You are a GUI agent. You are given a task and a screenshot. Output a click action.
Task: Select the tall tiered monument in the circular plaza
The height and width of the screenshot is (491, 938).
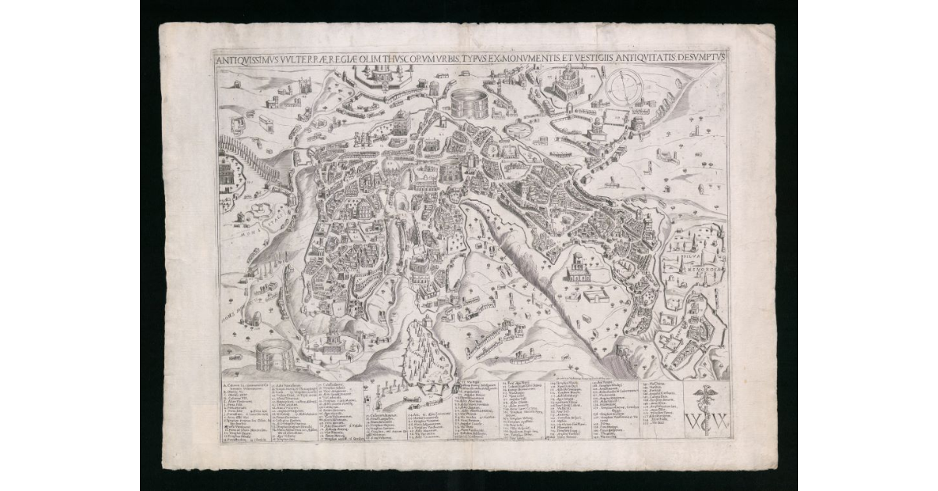334,338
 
